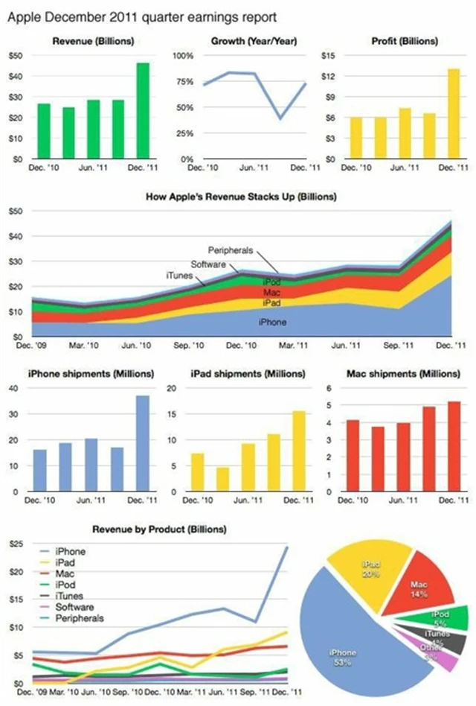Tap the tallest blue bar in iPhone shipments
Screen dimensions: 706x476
tap(142, 444)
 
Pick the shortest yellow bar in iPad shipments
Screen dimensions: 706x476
tap(222, 480)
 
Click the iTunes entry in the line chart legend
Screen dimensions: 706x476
tap(69, 596)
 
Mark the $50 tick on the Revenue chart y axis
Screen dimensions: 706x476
tap(16, 56)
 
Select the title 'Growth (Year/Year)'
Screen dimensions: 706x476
tap(254, 41)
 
